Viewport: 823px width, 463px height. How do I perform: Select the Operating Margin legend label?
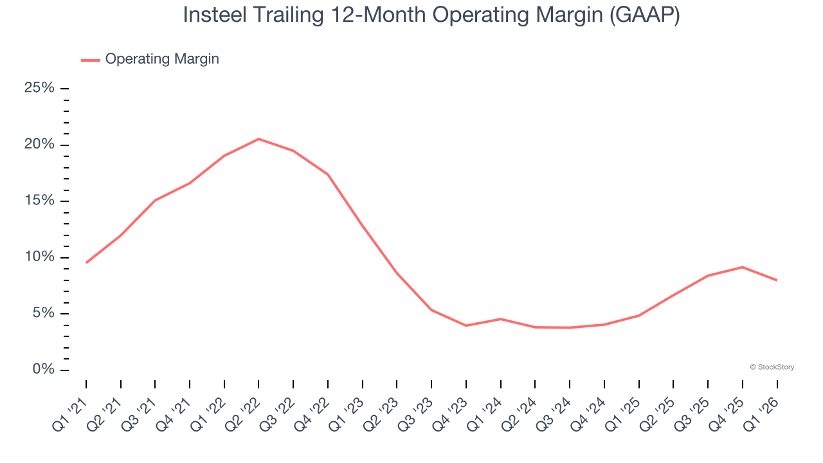(162, 59)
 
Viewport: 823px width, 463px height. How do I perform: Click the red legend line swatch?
(91, 60)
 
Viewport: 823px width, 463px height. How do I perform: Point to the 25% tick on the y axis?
(64, 88)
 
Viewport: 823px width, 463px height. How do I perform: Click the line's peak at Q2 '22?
(258, 139)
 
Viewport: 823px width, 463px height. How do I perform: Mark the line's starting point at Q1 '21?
(86, 262)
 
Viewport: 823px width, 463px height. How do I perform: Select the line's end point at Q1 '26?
(777, 280)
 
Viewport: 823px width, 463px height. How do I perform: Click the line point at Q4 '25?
(743, 267)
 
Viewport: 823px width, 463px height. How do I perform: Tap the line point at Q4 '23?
(466, 325)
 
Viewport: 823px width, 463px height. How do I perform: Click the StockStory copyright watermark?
(772, 367)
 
